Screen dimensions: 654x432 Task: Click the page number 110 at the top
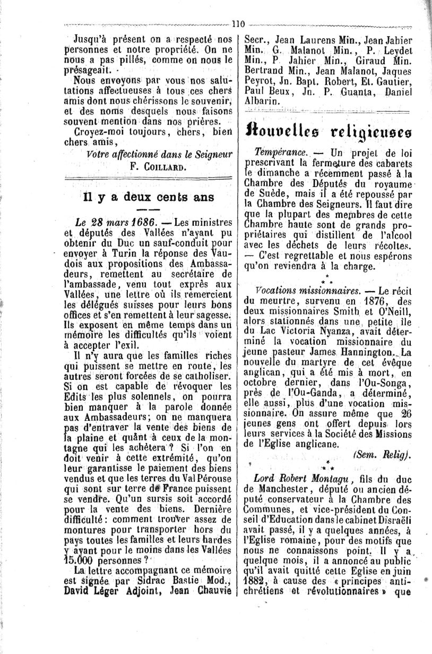click(237, 23)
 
